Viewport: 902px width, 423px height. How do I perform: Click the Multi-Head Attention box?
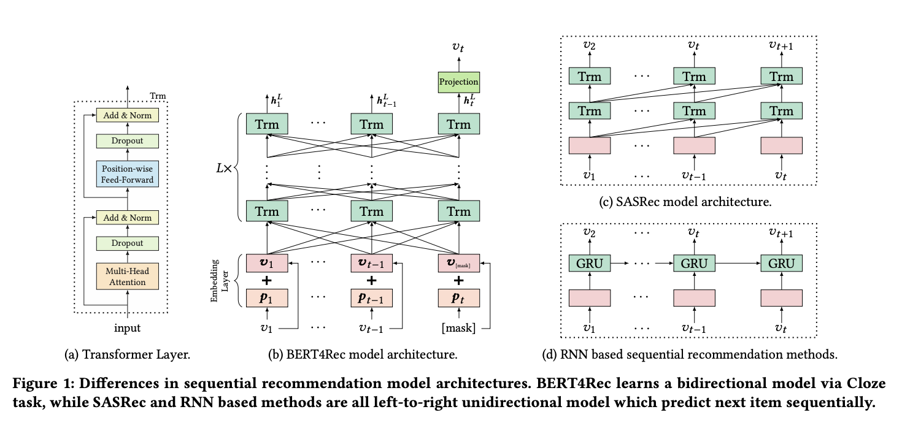coord(128,276)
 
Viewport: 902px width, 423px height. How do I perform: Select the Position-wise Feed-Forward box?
coord(128,173)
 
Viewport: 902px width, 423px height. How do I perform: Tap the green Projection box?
coord(458,82)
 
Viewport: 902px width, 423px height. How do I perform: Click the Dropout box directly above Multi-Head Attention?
coord(128,243)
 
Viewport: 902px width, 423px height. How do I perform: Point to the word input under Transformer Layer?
coord(127,328)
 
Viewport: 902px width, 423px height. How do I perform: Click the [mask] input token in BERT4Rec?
coord(458,328)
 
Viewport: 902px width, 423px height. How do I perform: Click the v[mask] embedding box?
coord(458,262)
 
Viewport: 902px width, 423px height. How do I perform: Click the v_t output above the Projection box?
coord(458,47)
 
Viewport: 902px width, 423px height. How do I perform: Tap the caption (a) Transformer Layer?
coord(128,354)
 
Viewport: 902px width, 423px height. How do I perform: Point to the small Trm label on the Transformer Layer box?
coord(158,96)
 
